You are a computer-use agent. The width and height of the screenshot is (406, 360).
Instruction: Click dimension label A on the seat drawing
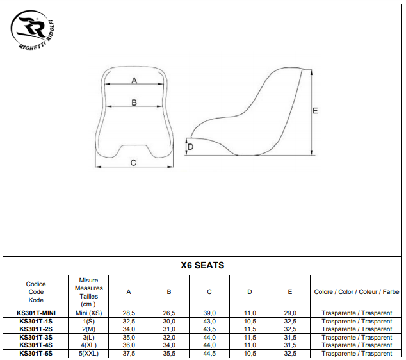click(x=134, y=80)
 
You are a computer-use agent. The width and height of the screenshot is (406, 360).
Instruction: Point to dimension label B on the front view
click(x=134, y=102)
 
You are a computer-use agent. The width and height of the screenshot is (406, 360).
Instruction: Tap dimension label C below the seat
click(x=133, y=163)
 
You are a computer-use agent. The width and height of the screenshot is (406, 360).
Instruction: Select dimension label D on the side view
click(x=191, y=147)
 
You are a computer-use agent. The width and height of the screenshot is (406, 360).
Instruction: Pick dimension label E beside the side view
click(x=315, y=111)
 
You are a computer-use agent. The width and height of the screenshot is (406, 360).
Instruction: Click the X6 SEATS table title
click(x=203, y=265)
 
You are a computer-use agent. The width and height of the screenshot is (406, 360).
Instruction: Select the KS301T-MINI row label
click(x=36, y=313)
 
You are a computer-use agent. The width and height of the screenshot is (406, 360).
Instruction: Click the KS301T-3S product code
click(x=36, y=337)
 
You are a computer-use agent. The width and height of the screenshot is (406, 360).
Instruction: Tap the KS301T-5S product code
click(x=36, y=353)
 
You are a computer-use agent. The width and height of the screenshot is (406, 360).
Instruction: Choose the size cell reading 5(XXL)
click(x=88, y=353)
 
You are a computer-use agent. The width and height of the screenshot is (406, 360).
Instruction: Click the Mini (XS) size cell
click(x=88, y=313)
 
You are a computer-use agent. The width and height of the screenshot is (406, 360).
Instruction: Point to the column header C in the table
click(x=209, y=292)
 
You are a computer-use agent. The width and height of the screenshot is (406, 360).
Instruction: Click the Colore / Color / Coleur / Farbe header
click(x=357, y=292)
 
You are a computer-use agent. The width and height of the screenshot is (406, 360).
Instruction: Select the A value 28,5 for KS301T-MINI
click(x=129, y=313)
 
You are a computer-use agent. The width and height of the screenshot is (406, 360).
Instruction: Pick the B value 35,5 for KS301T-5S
click(x=169, y=353)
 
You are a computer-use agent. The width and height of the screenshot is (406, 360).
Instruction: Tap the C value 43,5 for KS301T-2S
click(x=209, y=329)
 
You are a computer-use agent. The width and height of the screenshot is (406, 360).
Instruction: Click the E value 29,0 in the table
click(x=290, y=313)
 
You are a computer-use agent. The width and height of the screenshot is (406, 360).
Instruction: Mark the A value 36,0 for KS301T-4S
click(x=129, y=345)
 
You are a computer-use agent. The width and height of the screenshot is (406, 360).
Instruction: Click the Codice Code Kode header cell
click(x=36, y=292)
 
